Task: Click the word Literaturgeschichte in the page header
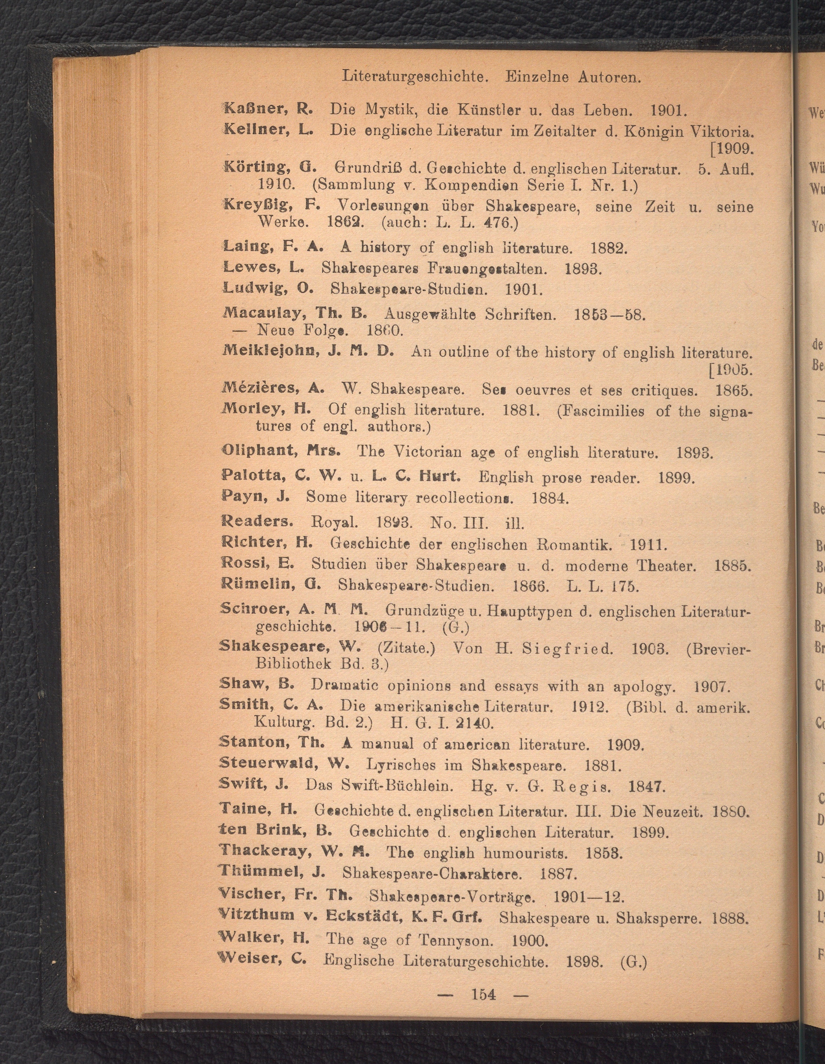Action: (x=416, y=77)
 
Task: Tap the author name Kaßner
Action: (x=256, y=108)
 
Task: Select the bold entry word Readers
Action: (x=257, y=521)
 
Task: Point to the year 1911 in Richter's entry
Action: (x=648, y=543)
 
